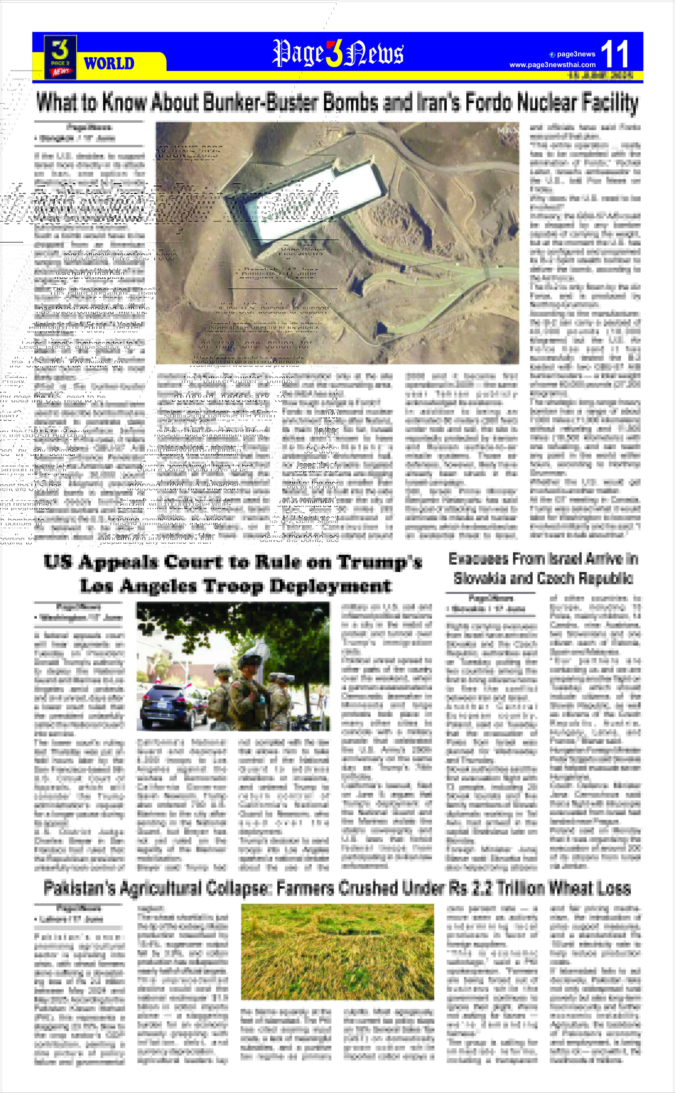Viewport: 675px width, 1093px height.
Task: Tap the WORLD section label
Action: click(x=109, y=64)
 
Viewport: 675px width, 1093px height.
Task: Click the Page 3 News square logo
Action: click(x=60, y=57)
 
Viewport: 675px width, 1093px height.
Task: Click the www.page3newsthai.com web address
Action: click(x=552, y=65)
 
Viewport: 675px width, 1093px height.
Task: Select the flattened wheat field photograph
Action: click(x=337, y=952)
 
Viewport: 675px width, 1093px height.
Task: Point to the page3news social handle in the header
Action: click(x=576, y=54)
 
